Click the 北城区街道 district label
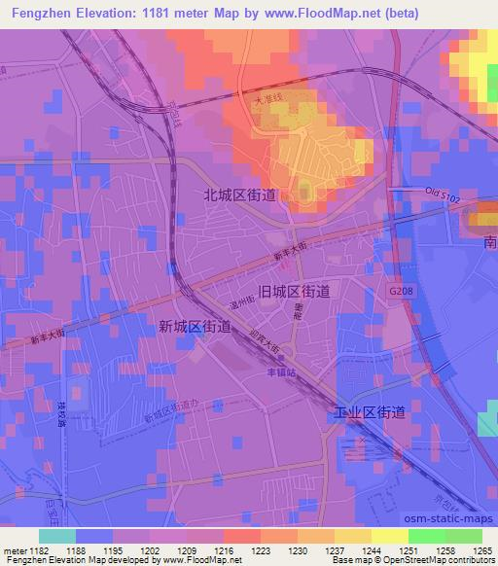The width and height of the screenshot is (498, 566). (239, 195)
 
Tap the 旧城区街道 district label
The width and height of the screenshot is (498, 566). (294, 291)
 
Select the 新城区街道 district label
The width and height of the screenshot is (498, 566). (195, 329)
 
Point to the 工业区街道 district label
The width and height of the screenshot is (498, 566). (369, 412)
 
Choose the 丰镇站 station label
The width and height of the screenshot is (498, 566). (281, 370)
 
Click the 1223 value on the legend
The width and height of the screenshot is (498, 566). (261, 550)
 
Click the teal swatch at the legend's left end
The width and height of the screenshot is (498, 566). (56, 536)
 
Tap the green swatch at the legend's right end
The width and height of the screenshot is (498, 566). (464, 536)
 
